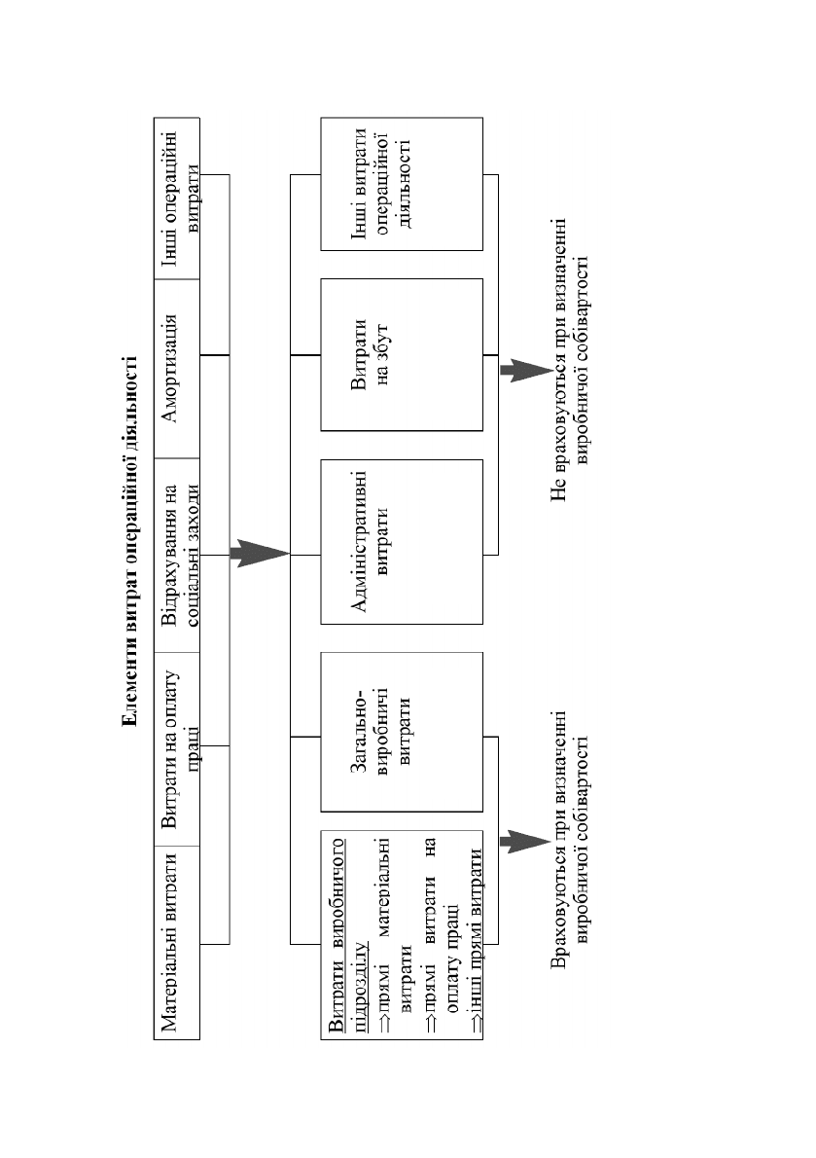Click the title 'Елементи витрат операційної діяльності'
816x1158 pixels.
coord(130,541)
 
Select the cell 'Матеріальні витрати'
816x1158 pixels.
coord(177,942)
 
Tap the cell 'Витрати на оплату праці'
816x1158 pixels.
coord(177,749)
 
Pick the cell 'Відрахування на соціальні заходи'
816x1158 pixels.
coord(177,556)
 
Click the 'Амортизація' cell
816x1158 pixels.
coord(177,369)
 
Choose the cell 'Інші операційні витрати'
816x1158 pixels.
coord(177,198)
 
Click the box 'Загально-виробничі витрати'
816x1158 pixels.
coord(402,732)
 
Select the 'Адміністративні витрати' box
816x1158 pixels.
coord(402,542)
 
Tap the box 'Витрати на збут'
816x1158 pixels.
coord(402,354)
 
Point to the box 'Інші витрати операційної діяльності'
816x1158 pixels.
coord(402,184)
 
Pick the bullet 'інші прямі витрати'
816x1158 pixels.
coord(476,939)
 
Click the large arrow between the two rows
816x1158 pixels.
coord(260,553)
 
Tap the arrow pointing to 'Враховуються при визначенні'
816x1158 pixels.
coord(526,841)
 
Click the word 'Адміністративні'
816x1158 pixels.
coord(359,542)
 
